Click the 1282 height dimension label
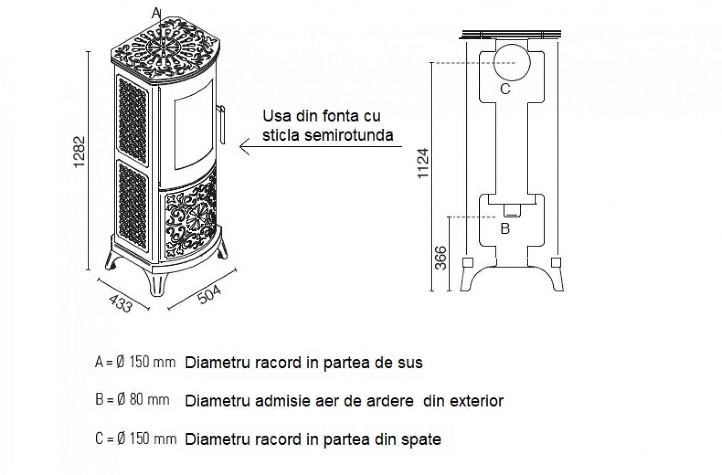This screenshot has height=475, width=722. click(79, 152)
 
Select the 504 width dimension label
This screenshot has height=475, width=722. click(209, 295)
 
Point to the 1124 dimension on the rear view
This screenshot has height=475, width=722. click(423, 163)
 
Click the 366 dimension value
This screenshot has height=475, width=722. click(441, 258)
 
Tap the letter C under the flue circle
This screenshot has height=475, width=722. click(505, 89)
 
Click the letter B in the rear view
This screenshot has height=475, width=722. click(505, 228)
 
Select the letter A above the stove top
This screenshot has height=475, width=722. click(156, 13)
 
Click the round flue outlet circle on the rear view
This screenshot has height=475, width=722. click(512, 63)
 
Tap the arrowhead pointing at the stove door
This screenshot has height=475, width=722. click(245, 147)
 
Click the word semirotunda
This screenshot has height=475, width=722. click(349, 135)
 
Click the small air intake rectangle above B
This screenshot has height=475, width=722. click(512, 211)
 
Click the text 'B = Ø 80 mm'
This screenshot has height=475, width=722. click(132, 400)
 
